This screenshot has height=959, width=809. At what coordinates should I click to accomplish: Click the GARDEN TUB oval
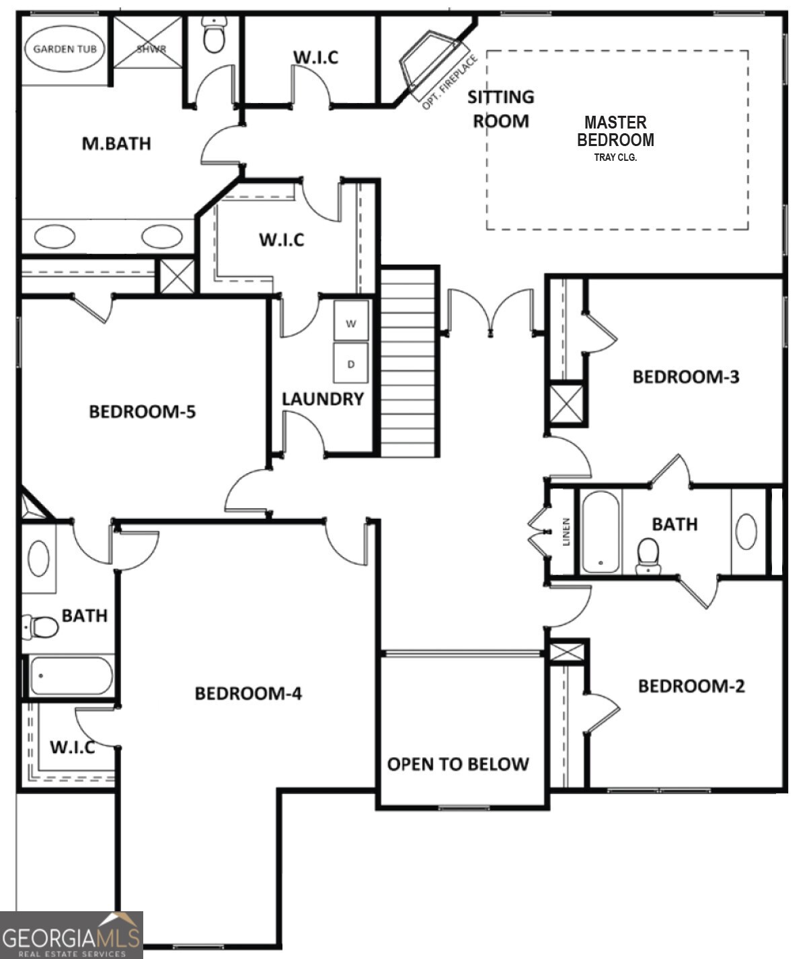(65, 48)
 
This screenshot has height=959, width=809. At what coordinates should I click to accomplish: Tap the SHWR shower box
(148, 43)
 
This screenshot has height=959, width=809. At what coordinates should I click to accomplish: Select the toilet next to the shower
(214, 36)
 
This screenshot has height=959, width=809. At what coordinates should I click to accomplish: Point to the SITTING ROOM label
(501, 109)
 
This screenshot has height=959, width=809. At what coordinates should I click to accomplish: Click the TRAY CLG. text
(615, 157)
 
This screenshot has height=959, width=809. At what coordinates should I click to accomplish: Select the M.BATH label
(116, 143)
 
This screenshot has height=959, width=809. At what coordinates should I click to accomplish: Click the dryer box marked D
(351, 363)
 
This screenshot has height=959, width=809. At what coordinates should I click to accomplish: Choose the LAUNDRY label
(323, 399)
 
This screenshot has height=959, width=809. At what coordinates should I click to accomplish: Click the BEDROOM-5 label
(142, 411)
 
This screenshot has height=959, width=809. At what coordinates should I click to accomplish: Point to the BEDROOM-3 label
(685, 377)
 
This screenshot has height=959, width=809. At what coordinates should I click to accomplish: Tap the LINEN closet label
(566, 532)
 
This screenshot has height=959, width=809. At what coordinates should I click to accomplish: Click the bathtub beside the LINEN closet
(601, 532)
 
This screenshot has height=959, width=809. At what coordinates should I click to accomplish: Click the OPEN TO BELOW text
(458, 764)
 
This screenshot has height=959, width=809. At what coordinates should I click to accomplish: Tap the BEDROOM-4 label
(248, 693)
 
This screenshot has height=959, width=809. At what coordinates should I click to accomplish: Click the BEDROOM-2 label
(691, 686)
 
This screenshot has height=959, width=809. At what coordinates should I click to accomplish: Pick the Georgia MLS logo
(71, 935)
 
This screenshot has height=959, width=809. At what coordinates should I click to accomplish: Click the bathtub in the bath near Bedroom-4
(71, 676)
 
